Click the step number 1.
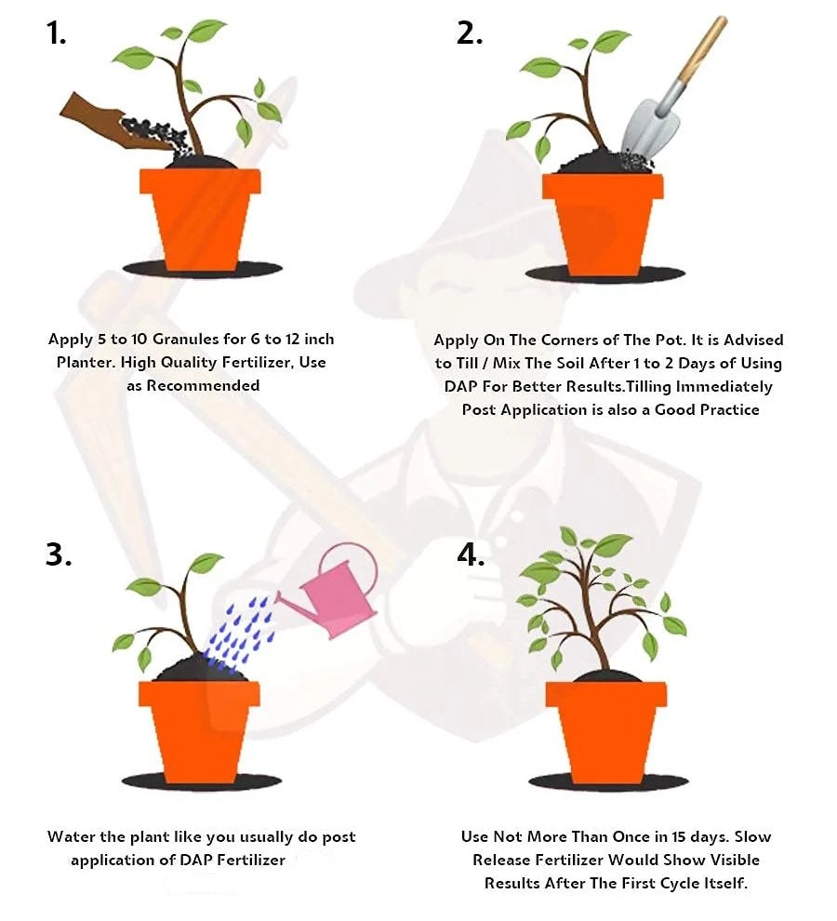57,33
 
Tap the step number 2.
470,33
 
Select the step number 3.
59,554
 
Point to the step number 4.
472,554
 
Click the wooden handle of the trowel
702,49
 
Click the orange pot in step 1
200,219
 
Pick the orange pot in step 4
606,732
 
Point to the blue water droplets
241,634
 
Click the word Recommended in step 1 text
203,385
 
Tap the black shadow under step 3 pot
202,781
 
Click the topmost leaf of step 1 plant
206,30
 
